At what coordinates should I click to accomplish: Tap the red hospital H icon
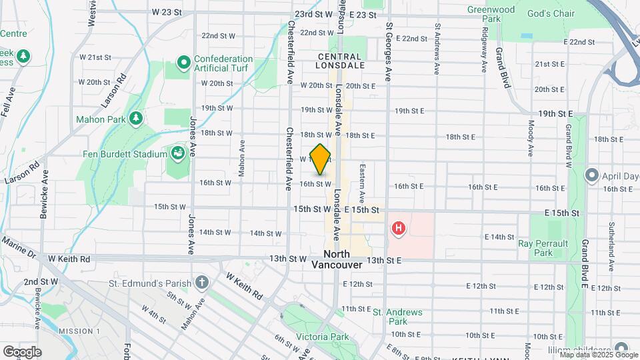pos(399,229)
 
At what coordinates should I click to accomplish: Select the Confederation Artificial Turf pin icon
pos(184,63)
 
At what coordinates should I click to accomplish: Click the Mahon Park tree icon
pos(136,119)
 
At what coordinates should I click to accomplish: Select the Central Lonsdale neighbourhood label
pos(341,61)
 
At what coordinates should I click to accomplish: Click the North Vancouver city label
pos(337,259)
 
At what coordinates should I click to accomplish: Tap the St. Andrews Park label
pos(397,317)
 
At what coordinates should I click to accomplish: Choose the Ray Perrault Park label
pos(543,248)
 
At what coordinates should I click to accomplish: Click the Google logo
pos(22,351)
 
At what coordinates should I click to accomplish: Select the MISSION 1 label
pos(79,331)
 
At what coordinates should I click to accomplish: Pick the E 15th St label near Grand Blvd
pos(562,213)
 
